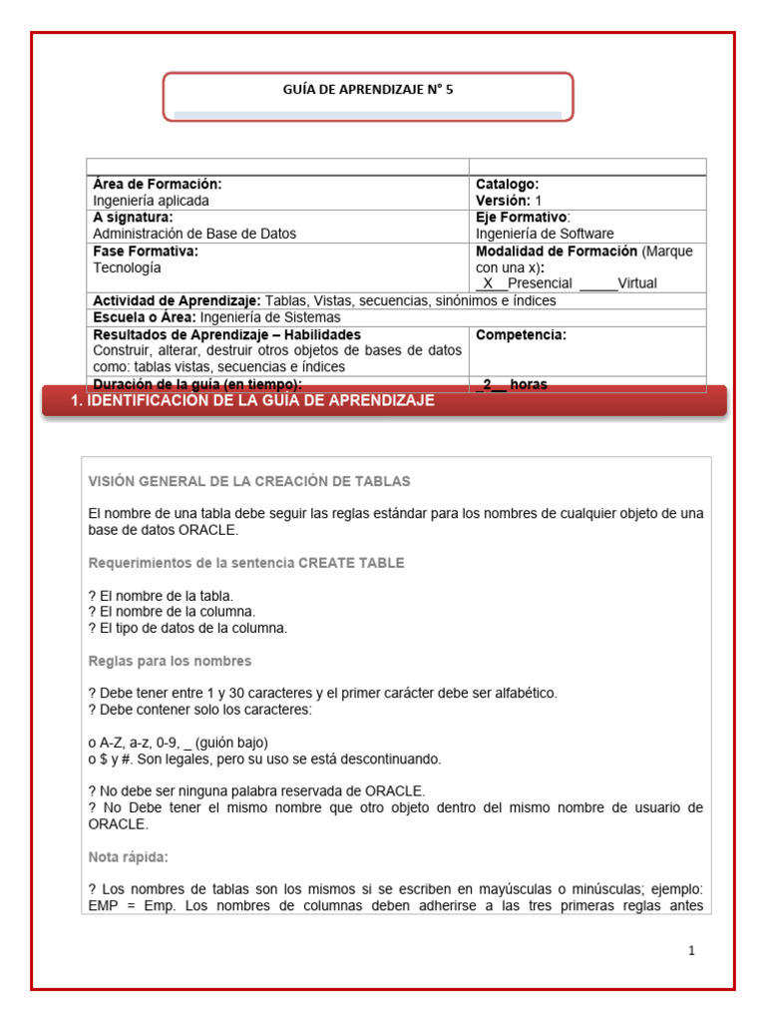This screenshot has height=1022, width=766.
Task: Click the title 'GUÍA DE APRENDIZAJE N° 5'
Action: point(368,90)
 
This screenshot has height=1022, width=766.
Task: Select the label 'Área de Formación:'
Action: point(157,185)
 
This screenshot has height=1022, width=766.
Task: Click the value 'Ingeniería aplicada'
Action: point(151,201)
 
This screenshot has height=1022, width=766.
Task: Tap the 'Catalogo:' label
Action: point(507,185)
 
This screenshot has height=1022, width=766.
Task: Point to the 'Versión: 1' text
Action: point(509,201)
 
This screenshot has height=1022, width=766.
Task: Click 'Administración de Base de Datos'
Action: point(194,234)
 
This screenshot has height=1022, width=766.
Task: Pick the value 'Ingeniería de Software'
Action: point(545,234)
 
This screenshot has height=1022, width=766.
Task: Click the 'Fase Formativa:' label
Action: point(146,252)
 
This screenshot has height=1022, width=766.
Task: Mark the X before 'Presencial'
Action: point(489,283)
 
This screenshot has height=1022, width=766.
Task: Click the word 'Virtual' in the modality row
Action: point(637,283)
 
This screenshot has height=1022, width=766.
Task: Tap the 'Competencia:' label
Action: point(521,335)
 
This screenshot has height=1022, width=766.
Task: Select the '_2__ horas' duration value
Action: point(511,384)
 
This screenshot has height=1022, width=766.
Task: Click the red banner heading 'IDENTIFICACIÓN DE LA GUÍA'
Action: point(253,400)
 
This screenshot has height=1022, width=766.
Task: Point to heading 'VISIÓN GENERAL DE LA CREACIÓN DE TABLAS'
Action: point(249,481)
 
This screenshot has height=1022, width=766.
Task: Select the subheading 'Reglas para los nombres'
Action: point(170,661)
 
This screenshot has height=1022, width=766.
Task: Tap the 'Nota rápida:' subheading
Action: point(128,857)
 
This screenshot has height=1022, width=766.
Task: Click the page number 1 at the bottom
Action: point(691,951)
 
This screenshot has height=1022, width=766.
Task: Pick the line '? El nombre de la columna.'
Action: point(172,612)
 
